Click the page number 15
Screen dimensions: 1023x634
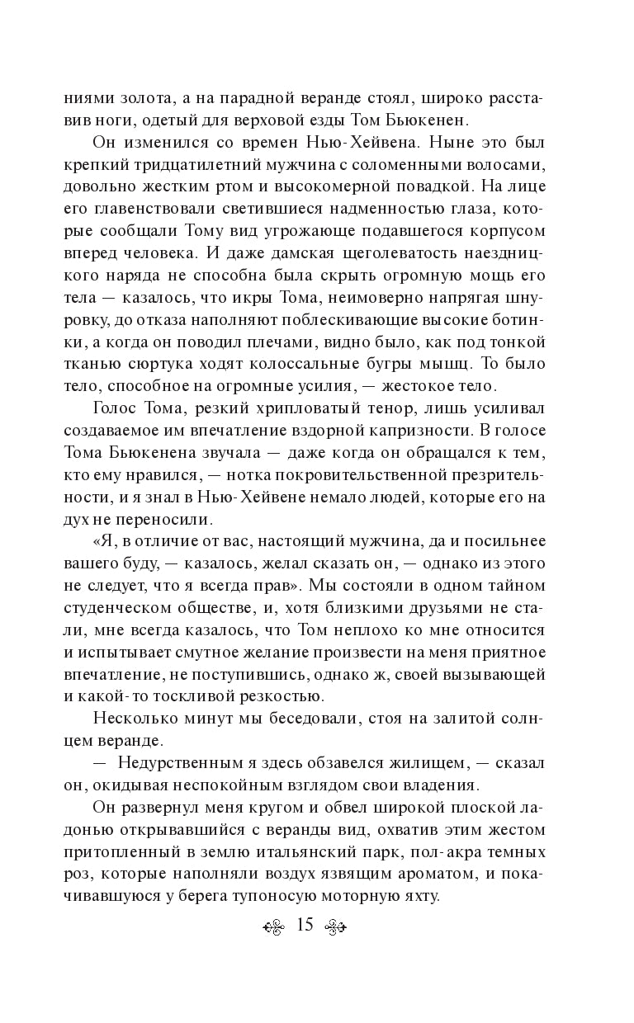[304, 926]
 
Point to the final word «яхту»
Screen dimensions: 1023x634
[407, 899]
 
